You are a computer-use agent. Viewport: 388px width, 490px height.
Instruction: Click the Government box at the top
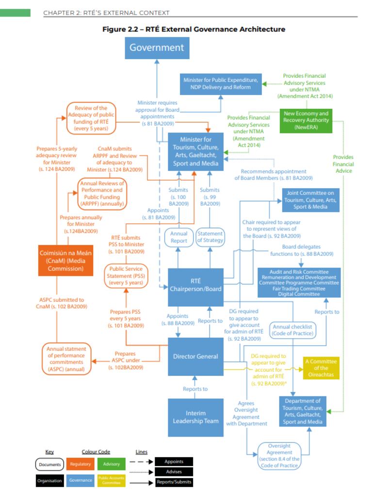(157, 48)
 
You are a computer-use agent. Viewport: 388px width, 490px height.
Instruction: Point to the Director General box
(195, 357)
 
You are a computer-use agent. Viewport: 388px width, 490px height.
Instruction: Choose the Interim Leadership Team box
(195, 416)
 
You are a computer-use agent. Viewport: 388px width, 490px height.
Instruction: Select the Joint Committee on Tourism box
(312, 200)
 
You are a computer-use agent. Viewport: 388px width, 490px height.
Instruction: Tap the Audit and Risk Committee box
(299, 282)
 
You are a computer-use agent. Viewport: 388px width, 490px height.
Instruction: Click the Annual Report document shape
(178, 237)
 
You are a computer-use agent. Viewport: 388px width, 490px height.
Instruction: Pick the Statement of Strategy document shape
(210, 237)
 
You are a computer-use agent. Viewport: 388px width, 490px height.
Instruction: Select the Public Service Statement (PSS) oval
(127, 275)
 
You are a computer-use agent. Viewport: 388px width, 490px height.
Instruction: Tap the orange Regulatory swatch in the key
(80, 464)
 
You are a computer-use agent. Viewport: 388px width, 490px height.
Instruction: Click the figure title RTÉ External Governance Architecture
(194, 30)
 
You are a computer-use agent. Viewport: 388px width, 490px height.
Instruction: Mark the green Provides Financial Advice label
(343, 164)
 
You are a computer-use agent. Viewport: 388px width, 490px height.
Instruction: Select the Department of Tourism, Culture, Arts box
(303, 411)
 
